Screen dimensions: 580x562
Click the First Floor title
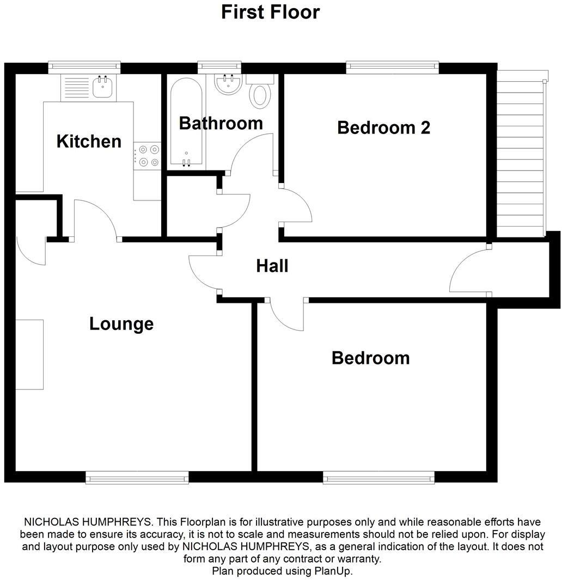pos(270,12)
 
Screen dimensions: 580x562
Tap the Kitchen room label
pos(89,142)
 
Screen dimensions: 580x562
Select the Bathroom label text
pos(221,124)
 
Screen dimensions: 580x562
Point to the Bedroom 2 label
pos(383,127)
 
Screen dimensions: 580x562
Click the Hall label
pos(272,266)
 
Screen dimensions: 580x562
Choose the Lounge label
pos(121,324)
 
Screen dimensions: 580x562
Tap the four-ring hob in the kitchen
pos(148,155)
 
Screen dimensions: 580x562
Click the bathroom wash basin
pos(229,84)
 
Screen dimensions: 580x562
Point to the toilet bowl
pos(260,95)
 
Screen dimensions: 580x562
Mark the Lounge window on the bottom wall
pos(137,478)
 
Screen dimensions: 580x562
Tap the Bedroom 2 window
pos(392,67)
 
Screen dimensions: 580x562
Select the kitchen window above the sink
pos(84,66)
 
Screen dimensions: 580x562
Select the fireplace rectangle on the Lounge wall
pos(29,355)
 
